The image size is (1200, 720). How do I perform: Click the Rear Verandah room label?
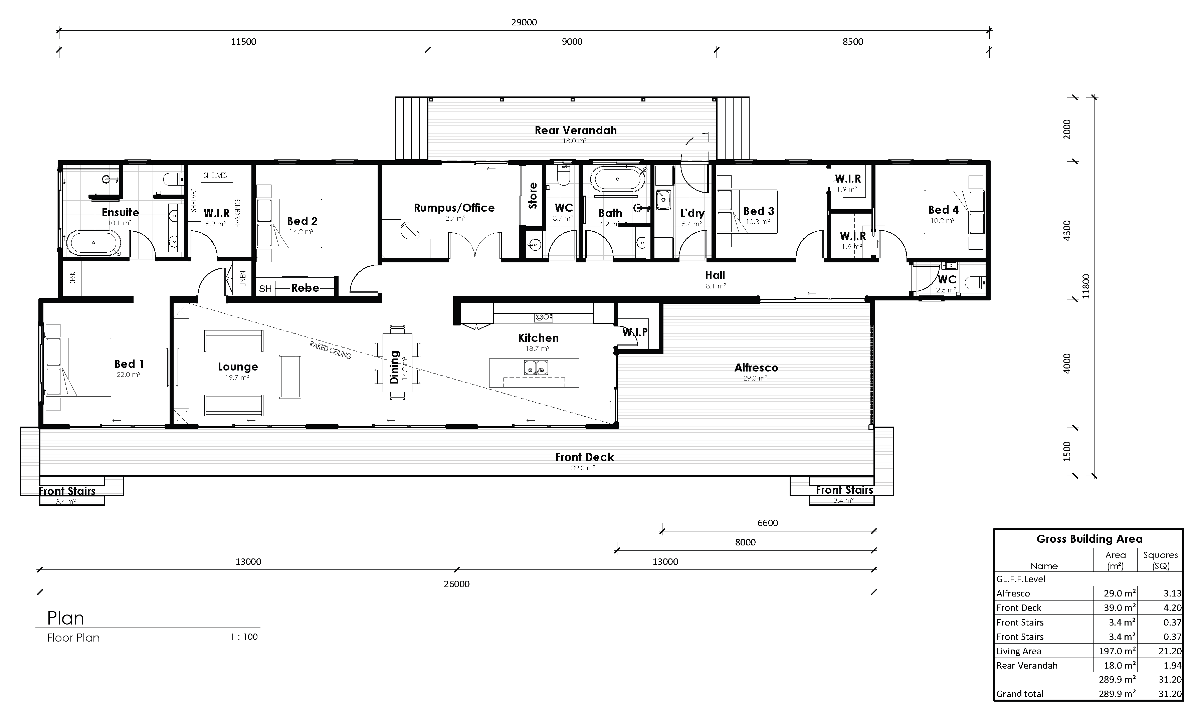pos(576,131)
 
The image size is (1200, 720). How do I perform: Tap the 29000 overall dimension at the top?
pos(524,22)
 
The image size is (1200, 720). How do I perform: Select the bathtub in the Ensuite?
pos(93,243)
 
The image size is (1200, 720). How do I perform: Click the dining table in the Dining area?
pos(397,363)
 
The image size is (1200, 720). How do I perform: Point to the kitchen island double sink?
pos(536,368)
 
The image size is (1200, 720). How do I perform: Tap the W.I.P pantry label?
pos(635,332)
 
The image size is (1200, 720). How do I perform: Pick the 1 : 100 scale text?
pos(244,637)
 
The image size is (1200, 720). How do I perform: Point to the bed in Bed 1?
pos(78,367)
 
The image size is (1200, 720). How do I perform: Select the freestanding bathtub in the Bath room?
pos(617,180)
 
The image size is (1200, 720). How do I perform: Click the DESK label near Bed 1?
pos(73,278)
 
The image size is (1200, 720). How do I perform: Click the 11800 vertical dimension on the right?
pos(1085,286)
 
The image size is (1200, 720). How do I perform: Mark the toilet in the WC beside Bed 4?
pos(974,282)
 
